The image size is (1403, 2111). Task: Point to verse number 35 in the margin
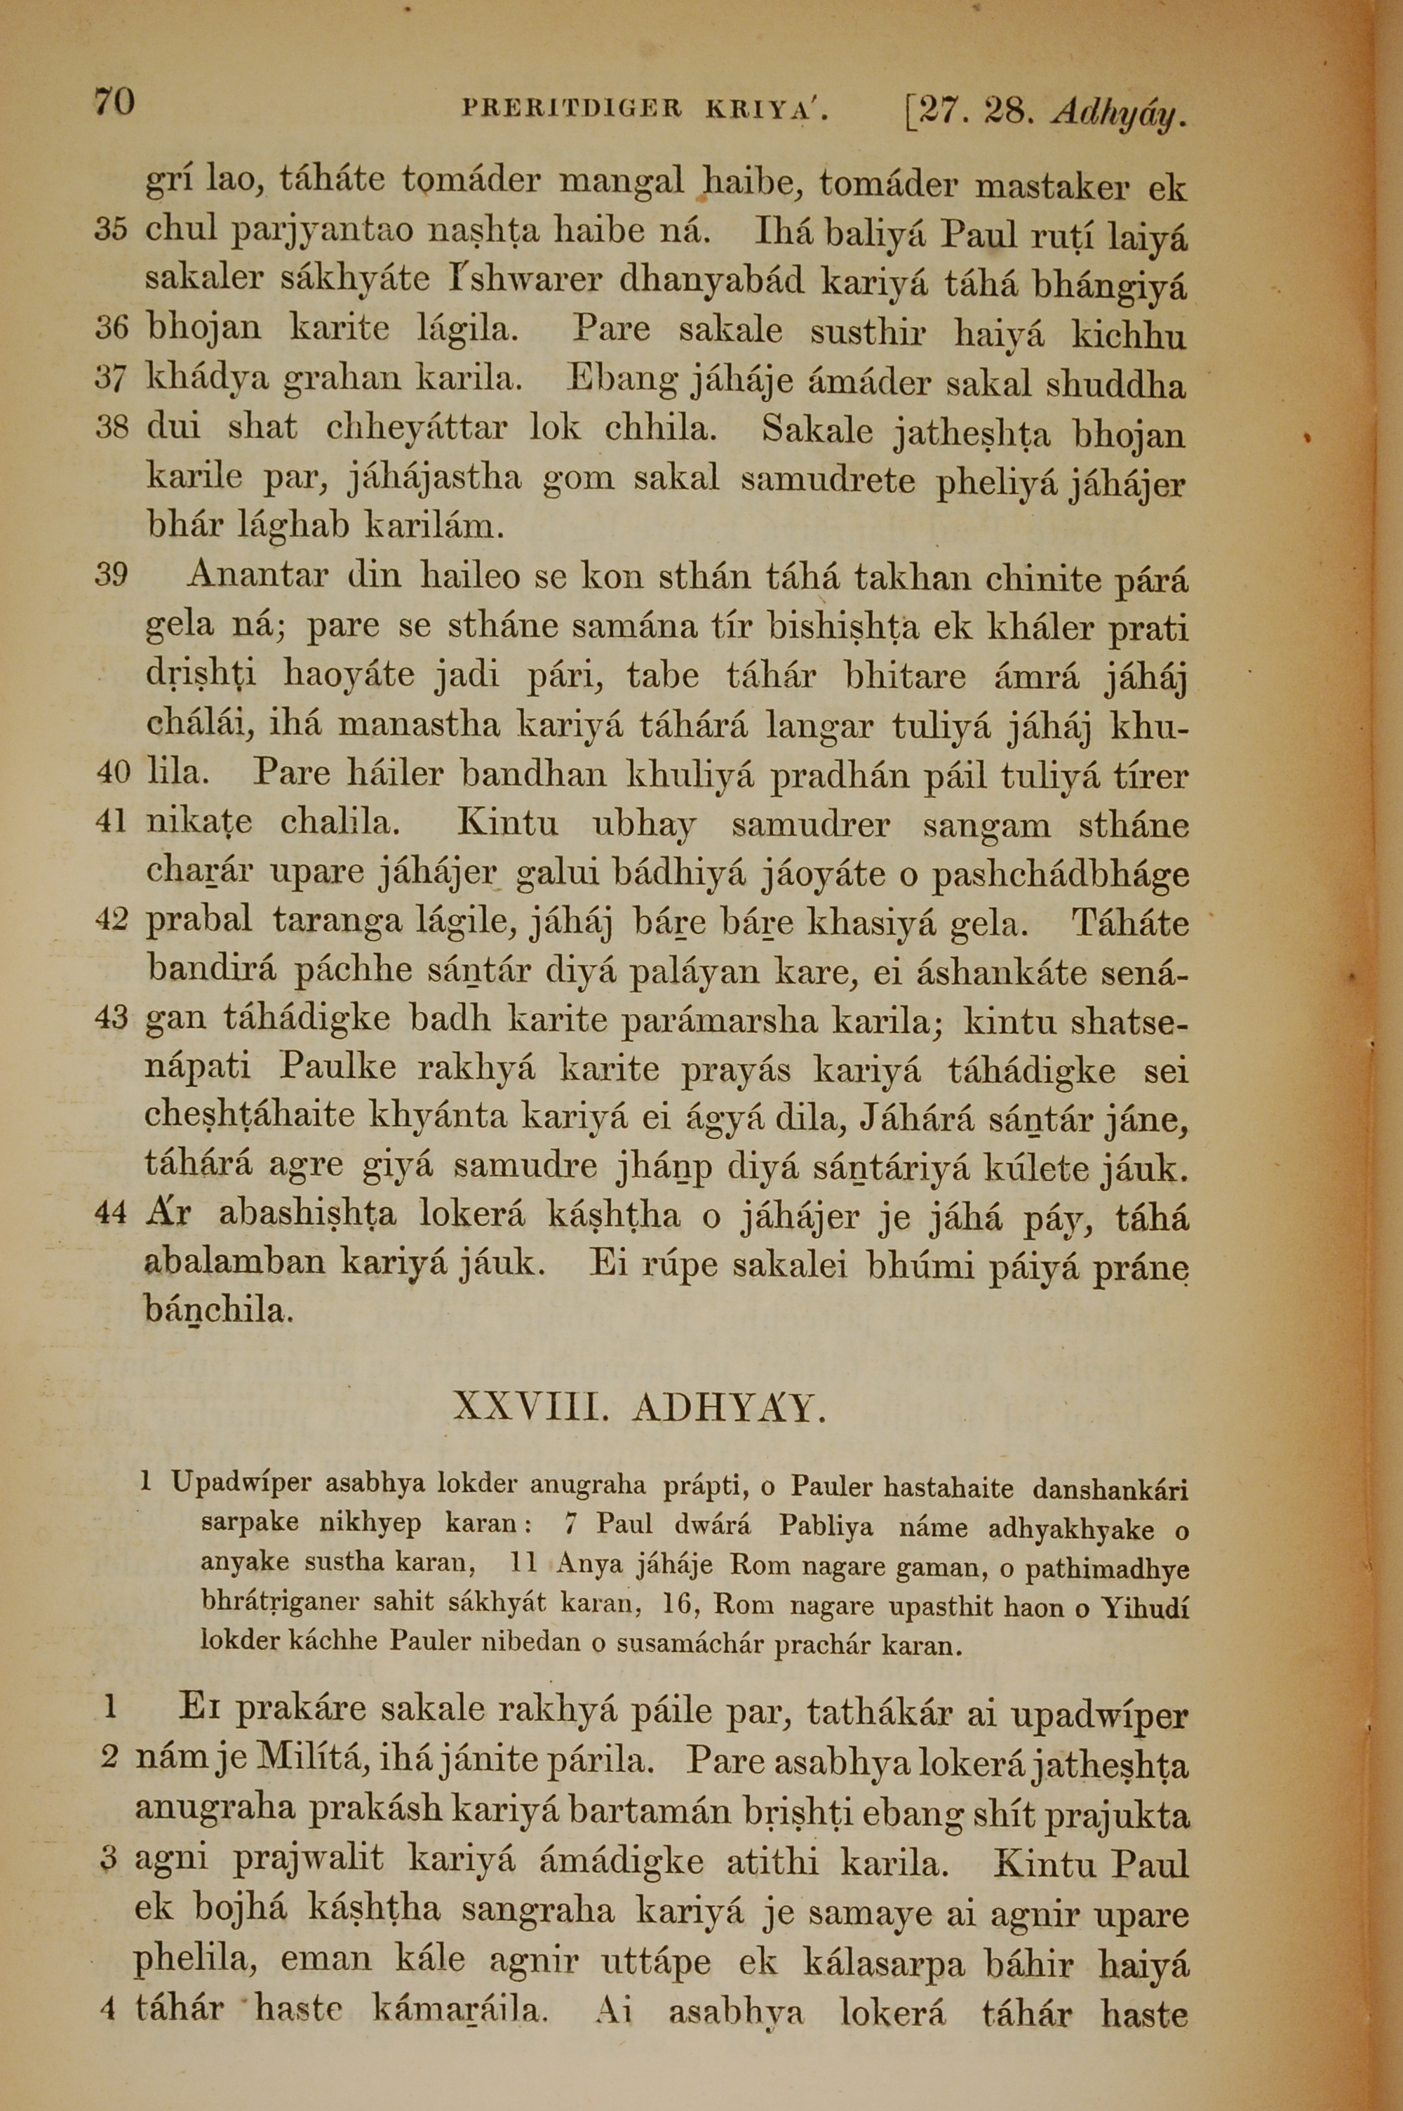[x=112, y=230]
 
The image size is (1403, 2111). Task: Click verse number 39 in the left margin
[x=112, y=575]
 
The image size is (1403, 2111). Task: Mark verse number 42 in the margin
[x=112, y=920]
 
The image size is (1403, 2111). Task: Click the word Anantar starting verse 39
[x=257, y=575]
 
